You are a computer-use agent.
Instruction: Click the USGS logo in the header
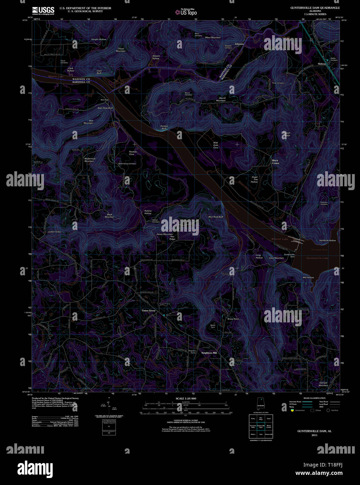(x=43, y=10)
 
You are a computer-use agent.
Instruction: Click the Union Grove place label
(x=148, y=311)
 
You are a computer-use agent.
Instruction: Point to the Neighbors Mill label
(x=209, y=353)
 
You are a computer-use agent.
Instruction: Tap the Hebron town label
(x=322, y=64)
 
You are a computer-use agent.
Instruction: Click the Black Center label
(x=276, y=162)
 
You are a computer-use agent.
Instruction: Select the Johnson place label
(x=239, y=44)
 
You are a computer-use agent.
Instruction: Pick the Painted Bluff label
(x=164, y=127)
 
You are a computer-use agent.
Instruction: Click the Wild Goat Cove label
(x=216, y=145)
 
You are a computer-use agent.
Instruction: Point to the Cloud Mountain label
(x=121, y=50)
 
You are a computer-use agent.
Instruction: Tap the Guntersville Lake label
(x=317, y=258)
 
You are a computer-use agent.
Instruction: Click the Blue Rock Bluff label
(x=216, y=217)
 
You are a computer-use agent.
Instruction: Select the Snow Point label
(x=233, y=319)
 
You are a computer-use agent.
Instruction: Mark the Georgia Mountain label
(x=323, y=384)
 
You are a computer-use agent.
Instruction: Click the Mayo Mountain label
(x=213, y=37)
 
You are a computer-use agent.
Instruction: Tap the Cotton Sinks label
(x=54, y=232)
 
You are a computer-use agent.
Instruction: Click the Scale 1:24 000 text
(x=186, y=398)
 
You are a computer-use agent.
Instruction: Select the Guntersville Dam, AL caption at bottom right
(x=314, y=431)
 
